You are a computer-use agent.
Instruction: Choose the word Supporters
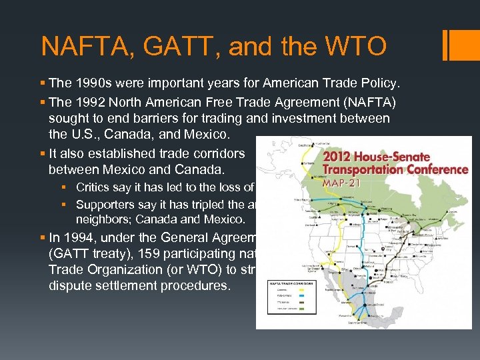(103, 205)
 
